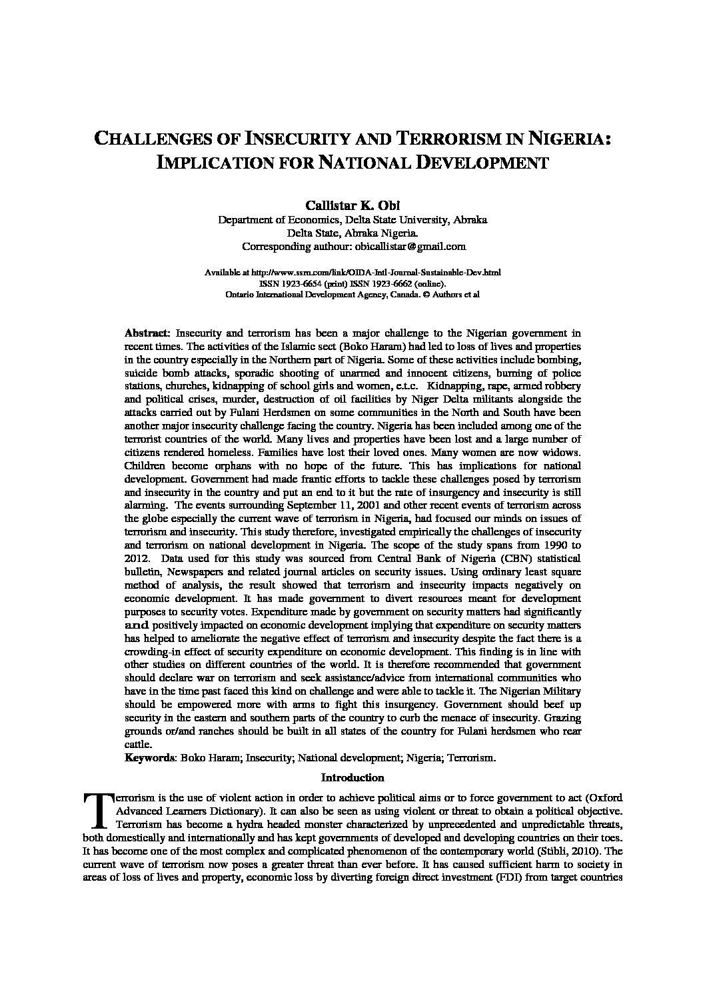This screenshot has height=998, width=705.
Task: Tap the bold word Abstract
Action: click(147, 332)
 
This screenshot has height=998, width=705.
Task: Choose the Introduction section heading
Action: click(352, 777)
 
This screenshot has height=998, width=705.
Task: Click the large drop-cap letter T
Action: click(97, 809)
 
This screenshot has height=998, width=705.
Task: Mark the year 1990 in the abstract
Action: click(550, 545)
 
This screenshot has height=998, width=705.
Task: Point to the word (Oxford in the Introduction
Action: click(604, 797)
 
